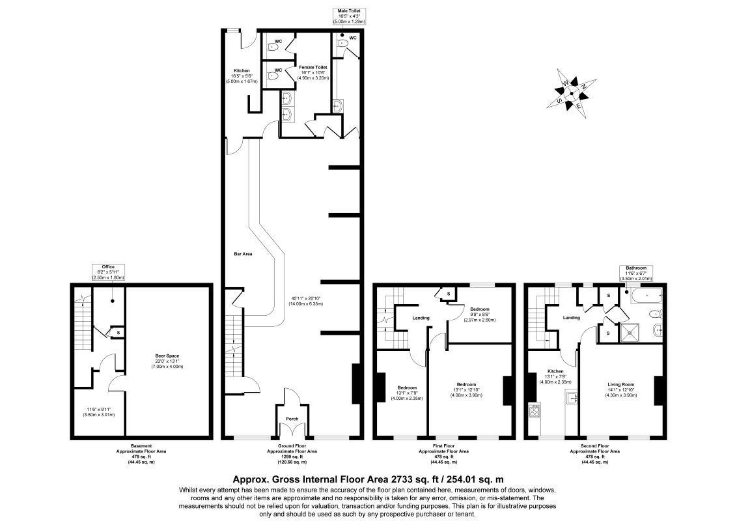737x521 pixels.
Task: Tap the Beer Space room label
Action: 167,356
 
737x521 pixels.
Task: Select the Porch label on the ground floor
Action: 292,419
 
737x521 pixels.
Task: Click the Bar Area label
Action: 243,254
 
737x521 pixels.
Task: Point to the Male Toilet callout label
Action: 349,10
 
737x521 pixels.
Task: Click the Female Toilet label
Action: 313,67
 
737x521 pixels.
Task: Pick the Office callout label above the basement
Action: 108,266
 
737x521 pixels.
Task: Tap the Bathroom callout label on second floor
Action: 635,268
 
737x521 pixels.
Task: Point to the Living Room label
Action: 621,385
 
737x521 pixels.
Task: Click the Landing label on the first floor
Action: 421,318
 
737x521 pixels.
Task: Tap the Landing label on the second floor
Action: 572,318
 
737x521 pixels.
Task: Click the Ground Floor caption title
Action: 292,445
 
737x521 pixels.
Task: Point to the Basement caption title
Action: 141,445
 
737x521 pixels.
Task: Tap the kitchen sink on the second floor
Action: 572,398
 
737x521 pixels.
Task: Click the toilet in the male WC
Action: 342,42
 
